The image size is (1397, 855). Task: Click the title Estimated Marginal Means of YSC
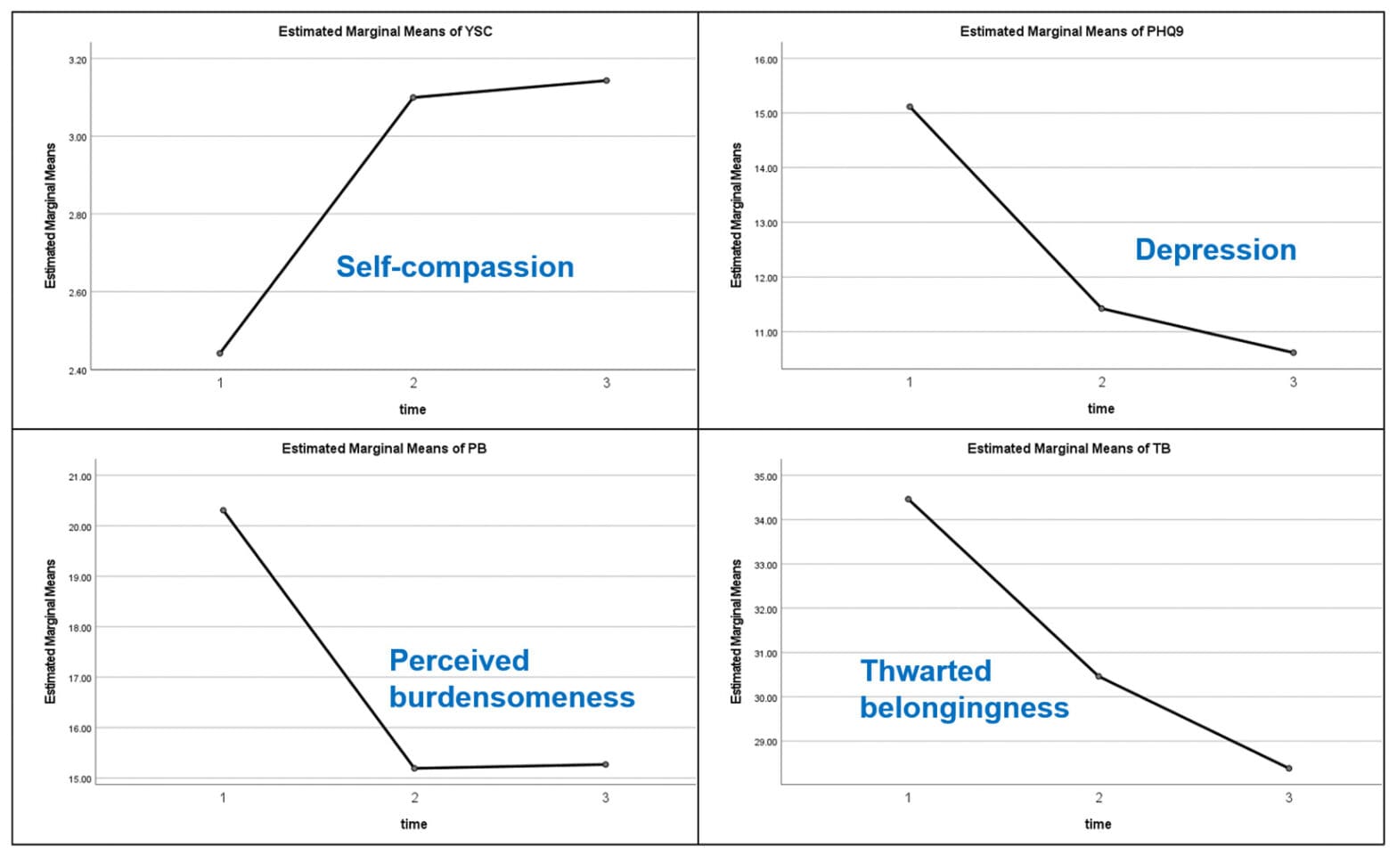pos(385,31)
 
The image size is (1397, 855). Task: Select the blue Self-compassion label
pos(454,266)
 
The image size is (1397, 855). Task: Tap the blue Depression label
pos(1215,249)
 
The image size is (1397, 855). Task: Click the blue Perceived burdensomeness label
pos(511,678)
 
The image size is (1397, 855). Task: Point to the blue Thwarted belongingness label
pos(964,688)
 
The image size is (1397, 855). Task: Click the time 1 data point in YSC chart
pos(220,354)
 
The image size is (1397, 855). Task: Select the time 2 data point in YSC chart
pos(413,97)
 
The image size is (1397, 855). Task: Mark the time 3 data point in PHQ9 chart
pos(1294,353)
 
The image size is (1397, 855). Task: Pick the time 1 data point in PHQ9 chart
pos(910,107)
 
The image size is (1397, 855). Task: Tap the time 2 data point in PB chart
pos(414,768)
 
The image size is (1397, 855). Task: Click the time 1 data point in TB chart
pos(909,500)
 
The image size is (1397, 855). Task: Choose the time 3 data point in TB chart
pos(1289,768)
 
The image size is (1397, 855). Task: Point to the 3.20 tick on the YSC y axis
pos(78,61)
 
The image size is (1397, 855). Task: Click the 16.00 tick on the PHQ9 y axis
pos(765,61)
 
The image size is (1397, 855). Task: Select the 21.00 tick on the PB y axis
pos(80,477)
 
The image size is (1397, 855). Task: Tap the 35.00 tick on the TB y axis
pos(765,477)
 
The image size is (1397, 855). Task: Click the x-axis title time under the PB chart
pos(413,824)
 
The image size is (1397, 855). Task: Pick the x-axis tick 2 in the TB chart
pos(1099,798)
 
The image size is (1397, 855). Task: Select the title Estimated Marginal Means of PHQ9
pos(1071,31)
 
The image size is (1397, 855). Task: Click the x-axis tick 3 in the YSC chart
pos(607,383)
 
